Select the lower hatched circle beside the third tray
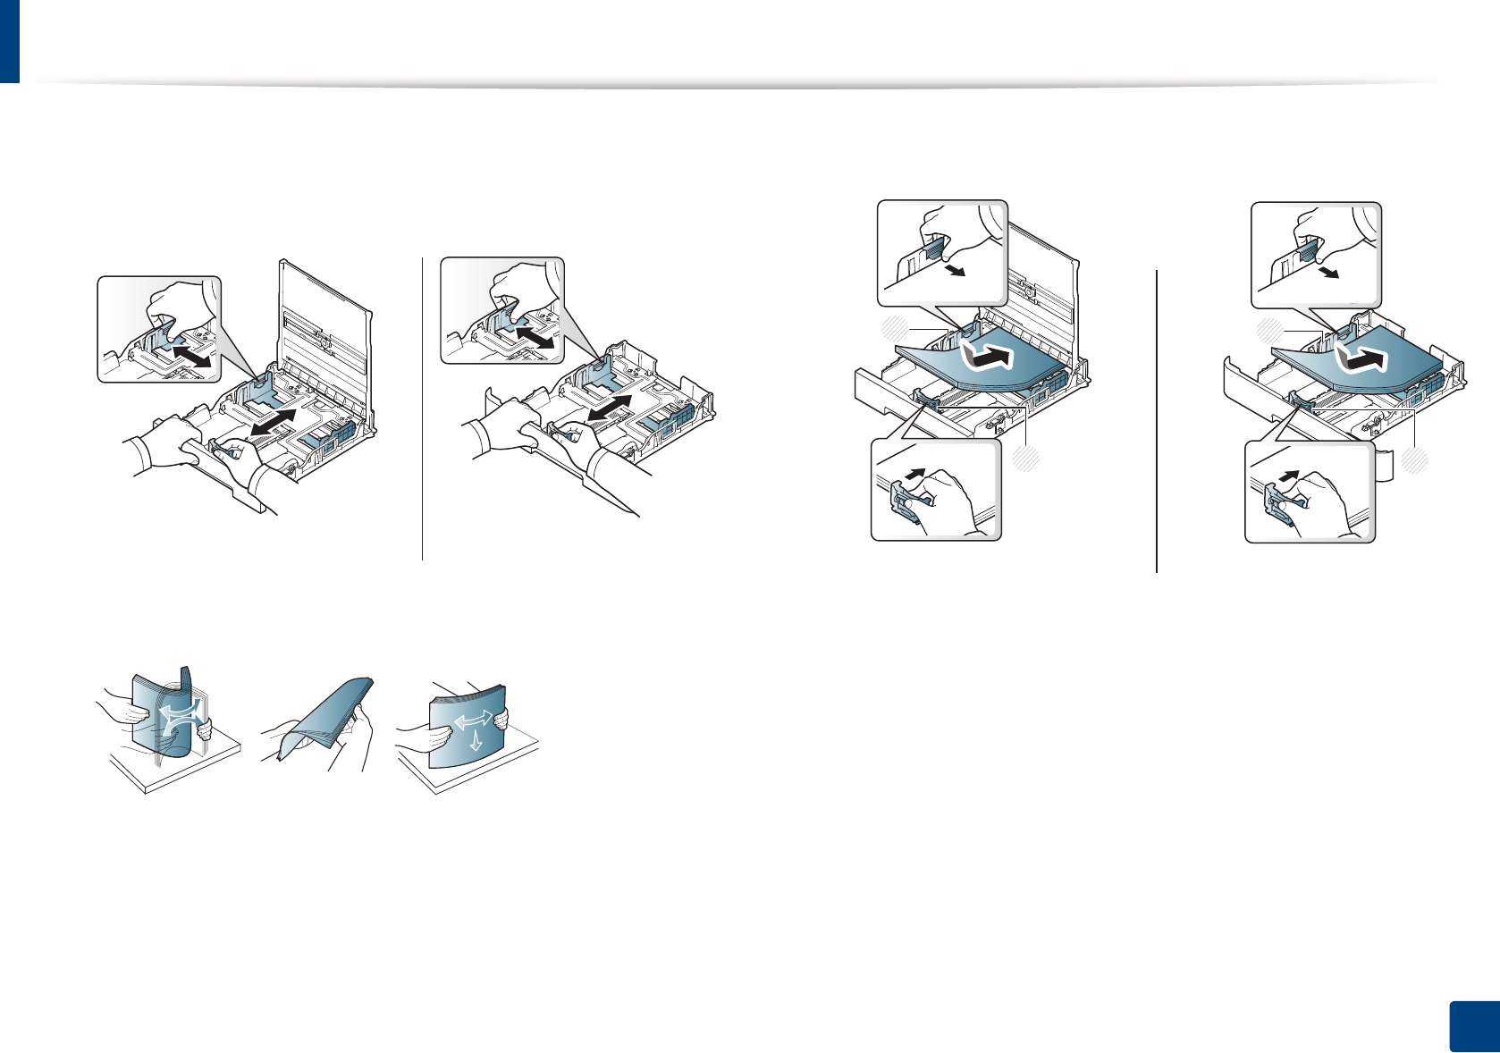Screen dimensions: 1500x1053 (x=1027, y=459)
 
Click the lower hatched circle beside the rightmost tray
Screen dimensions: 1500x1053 (x=1414, y=461)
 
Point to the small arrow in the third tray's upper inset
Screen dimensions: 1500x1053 (x=956, y=270)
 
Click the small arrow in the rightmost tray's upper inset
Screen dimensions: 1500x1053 (x=1330, y=272)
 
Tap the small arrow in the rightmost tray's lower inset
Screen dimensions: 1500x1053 (x=1287, y=475)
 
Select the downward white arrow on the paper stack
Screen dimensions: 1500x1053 (x=475, y=740)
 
